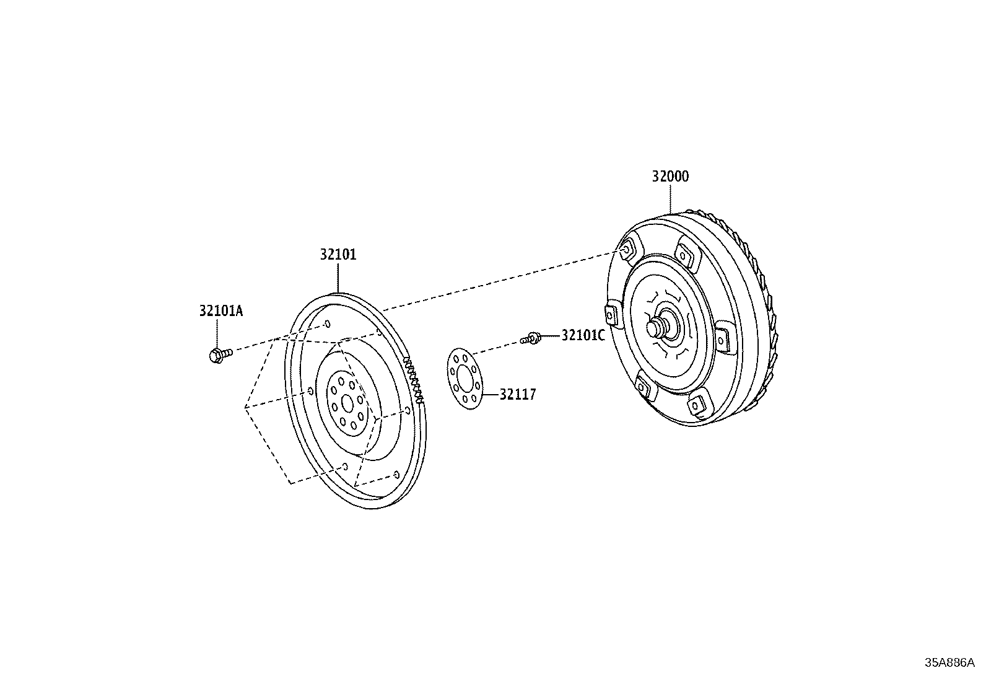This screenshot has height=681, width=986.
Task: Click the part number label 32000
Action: (670, 177)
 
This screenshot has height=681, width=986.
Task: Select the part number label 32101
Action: (338, 255)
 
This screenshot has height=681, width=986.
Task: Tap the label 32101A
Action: (221, 311)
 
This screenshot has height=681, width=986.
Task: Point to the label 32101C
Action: (583, 336)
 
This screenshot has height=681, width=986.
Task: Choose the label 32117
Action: (518, 394)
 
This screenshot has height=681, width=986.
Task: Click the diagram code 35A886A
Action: (949, 663)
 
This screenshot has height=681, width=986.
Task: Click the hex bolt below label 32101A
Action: (220, 354)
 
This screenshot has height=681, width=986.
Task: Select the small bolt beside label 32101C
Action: (530, 338)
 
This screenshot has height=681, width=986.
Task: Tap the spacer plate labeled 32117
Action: (465, 379)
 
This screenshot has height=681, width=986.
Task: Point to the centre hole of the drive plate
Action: (347, 403)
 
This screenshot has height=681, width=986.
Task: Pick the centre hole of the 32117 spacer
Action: (465, 379)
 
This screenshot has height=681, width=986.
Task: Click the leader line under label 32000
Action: (670, 199)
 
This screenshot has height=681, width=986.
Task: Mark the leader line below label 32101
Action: (338, 278)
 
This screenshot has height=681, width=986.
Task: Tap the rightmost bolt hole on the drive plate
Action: (408, 411)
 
